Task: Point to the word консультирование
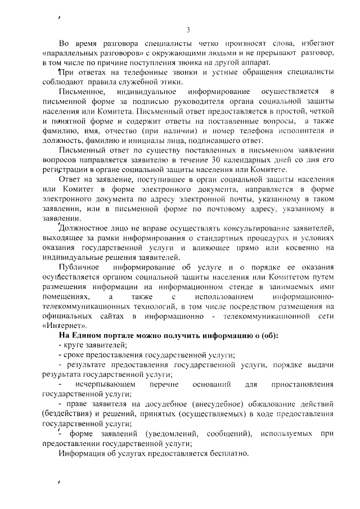[x=222, y=228]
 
